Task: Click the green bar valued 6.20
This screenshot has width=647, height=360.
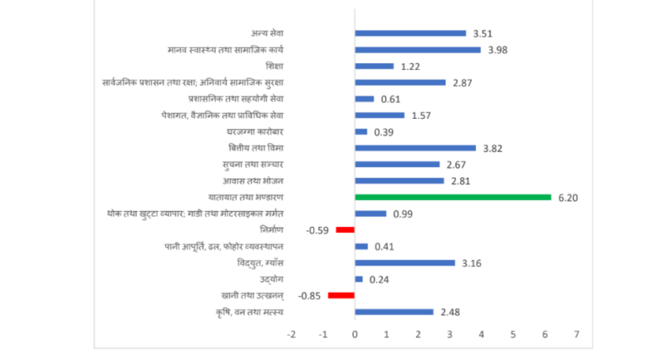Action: tap(453, 197)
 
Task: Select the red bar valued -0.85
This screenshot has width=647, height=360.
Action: tap(341, 295)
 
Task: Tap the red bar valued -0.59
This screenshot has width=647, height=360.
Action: tap(345, 229)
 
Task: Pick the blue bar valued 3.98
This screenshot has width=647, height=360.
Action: tap(418, 50)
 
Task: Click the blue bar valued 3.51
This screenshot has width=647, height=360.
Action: tap(410, 34)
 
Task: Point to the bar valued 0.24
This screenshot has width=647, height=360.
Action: tap(359, 279)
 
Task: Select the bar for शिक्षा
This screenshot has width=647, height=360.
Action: tap(374, 66)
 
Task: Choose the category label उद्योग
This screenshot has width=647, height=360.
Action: tap(272, 279)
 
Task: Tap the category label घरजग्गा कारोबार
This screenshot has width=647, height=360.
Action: tap(255, 132)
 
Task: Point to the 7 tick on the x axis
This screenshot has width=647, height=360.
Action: tap(577, 335)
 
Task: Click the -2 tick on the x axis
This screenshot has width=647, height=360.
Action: tap(291, 335)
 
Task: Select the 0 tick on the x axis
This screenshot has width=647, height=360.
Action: tap(355, 335)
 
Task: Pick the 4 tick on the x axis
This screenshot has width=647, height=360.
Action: tap(482, 335)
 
